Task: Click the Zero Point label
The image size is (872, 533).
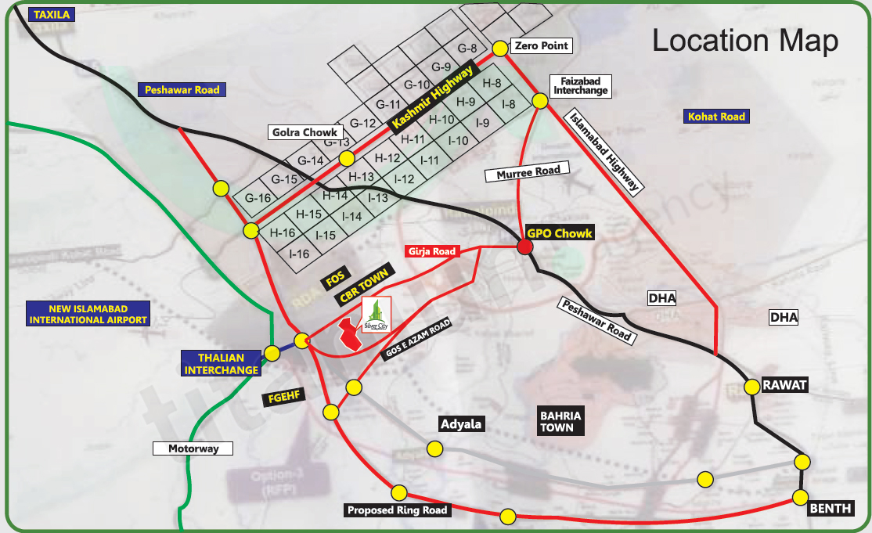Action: (540, 46)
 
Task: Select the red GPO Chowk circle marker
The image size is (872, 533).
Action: (525, 247)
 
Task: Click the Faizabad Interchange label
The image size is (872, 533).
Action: (581, 85)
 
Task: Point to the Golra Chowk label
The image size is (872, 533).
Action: (305, 132)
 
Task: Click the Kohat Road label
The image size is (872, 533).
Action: (716, 117)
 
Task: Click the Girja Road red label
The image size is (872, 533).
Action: (431, 252)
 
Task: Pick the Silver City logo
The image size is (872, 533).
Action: (377, 315)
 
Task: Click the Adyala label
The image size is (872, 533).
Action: (461, 424)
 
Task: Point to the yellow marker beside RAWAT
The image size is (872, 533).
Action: (751, 386)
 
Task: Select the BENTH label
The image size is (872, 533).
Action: (830, 509)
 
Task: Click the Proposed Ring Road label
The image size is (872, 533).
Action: (398, 510)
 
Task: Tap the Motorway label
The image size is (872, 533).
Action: (194, 449)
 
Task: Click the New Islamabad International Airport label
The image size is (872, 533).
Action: (87, 314)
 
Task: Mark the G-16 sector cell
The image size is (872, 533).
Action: (258, 198)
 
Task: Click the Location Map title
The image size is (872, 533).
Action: (745, 41)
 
